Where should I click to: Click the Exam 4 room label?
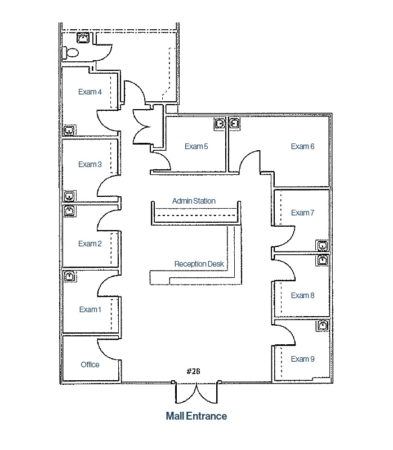(90, 92)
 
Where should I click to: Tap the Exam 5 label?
(196, 146)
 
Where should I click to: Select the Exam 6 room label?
(302, 146)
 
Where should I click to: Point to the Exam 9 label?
(302, 359)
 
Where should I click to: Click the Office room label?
(90, 364)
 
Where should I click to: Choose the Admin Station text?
(194, 201)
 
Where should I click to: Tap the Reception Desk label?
(199, 264)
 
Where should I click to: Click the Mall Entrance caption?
(196, 416)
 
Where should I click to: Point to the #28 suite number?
(193, 371)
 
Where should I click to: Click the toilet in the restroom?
(71, 52)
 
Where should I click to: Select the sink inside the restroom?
(83, 38)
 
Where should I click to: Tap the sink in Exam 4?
(69, 130)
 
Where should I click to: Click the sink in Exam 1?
(69, 276)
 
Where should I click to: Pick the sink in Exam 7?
(322, 245)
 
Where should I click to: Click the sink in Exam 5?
(220, 123)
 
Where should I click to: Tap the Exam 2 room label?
(90, 244)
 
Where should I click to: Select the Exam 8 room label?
(302, 295)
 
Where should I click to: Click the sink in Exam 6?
(235, 123)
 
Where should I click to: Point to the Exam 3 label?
(90, 164)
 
